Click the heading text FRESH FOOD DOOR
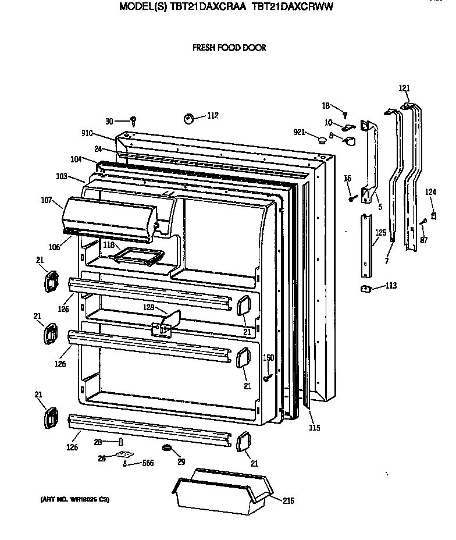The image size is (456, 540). coord(229,48)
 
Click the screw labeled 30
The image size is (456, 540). coord(134,120)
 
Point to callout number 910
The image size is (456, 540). coord(88,134)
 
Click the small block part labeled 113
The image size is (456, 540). coord(365,289)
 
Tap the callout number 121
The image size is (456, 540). coord(404,88)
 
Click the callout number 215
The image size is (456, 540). coord(288,500)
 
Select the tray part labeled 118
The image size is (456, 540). coord(137,254)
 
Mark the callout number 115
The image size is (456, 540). coord(315,429)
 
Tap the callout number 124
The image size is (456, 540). coord(430,191)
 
